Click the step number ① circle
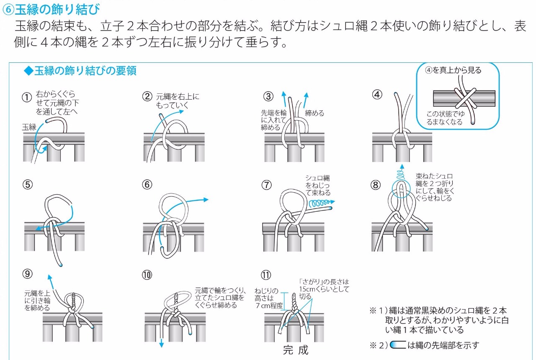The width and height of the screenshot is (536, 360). pos(27,97)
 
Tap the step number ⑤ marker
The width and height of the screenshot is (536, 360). pos(28,185)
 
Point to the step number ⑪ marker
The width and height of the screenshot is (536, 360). pos(266,275)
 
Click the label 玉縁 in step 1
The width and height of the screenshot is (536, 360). pos(29,127)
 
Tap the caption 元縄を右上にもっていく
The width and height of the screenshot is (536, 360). pos(177,101)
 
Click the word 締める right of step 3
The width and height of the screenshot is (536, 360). pos(314,113)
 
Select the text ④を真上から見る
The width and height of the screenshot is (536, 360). pos(453,70)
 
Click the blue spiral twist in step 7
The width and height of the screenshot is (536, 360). pos(320,204)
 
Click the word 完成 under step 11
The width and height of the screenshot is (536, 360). pos(295,350)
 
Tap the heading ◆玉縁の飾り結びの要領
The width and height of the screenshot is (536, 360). pos(80,71)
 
